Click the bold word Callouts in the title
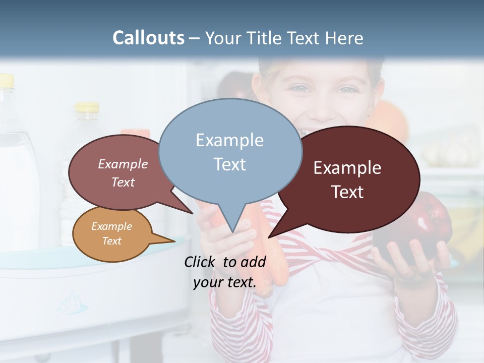148,38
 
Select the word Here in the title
344,38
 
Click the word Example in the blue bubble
229,140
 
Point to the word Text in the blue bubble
229,164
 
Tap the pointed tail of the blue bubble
232,229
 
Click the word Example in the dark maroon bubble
347,168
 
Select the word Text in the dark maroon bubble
347,192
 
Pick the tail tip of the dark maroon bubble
270,236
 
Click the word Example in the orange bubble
111,226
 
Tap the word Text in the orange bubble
111,241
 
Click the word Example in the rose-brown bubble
123,164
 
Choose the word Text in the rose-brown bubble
123,182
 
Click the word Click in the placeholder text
200,262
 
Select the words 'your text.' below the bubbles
225,282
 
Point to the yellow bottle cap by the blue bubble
87,107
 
